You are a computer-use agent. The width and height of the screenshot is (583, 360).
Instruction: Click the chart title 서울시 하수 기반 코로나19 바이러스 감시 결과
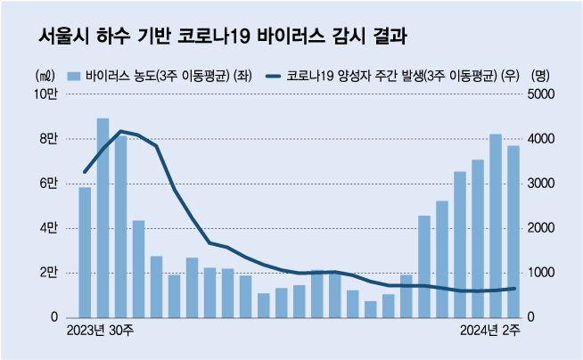point(223,37)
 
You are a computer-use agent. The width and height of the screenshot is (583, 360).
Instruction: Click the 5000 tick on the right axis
point(544,94)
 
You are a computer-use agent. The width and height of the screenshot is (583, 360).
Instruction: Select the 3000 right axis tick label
point(544,184)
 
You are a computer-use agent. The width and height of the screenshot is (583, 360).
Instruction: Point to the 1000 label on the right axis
point(544,273)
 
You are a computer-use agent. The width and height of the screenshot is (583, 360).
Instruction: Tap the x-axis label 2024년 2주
point(489,332)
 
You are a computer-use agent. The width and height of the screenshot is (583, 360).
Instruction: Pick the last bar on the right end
point(513,232)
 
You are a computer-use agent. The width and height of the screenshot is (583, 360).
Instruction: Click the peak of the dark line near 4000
point(120,131)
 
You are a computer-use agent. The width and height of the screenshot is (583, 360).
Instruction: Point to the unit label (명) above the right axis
point(541,76)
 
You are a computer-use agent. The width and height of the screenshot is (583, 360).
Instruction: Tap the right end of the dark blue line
point(514,288)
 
